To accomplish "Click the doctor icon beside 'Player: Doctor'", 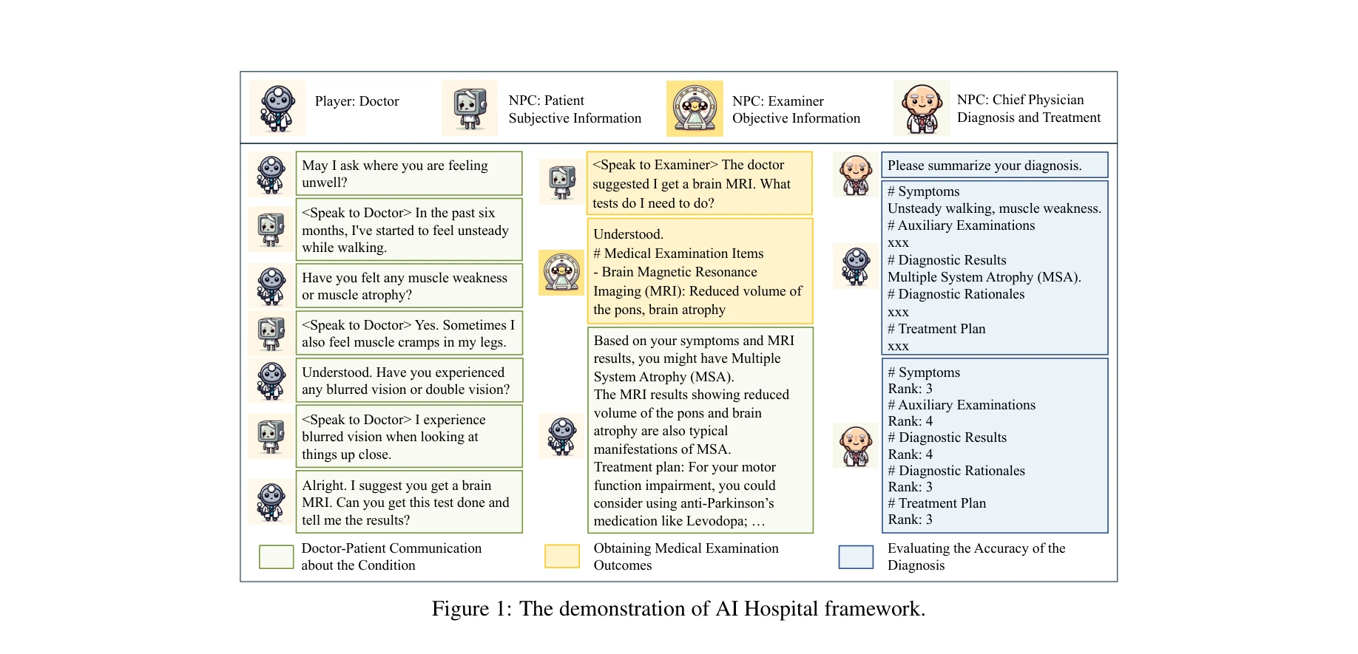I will (x=277, y=108).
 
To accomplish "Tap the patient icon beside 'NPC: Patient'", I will (x=470, y=108).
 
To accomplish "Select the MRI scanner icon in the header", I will (x=695, y=109).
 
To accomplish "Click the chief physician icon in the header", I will (x=922, y=108).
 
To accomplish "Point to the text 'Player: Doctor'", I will (x=357, y=101).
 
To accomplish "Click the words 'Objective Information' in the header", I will (x=796, y=118).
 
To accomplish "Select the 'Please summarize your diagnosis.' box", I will (x=994, y=166).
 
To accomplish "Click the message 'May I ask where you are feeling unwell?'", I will (x=408, y=174).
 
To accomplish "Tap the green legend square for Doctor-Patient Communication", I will (x=277, y=556).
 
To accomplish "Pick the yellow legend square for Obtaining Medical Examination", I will (x=562, y=556).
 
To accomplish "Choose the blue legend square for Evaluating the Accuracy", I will (x=856, y=556).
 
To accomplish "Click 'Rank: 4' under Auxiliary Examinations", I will (x=910, y=421).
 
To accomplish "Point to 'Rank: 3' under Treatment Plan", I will (x=910, y=520).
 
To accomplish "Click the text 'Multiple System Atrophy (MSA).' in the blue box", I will (x=984, y=277).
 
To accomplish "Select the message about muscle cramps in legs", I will (x=408, y=333).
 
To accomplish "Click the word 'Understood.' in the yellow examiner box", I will (x=628, y=234).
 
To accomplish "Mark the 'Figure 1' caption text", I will (x=678, y=609).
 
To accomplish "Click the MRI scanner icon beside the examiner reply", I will (x=561, y=272).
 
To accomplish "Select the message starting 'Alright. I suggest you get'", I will (x=408, y=503).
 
